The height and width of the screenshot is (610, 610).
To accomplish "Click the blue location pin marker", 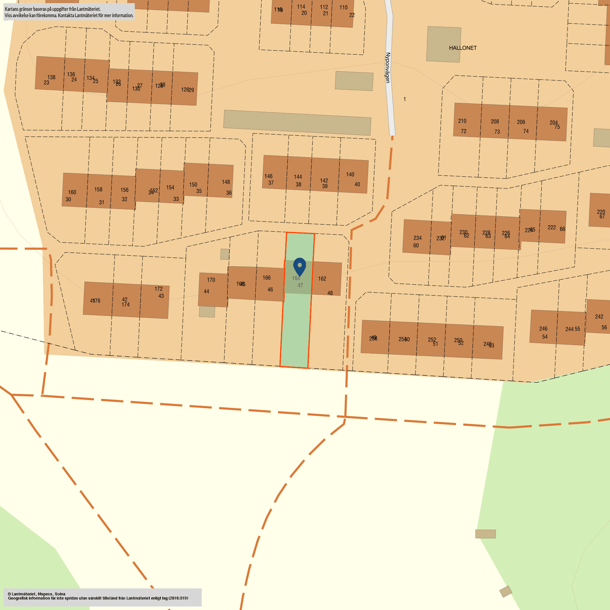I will tap(299, 266).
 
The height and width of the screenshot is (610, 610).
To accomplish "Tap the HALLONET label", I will tap(462, 48).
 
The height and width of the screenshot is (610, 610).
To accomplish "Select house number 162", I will tap(322, 279).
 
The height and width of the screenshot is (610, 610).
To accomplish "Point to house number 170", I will tap(211, 280).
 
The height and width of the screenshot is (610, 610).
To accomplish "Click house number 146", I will tap(268, 176).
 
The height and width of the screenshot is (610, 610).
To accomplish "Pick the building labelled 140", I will tap(350, 174).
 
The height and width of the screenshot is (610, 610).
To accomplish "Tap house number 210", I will tap(462, 121).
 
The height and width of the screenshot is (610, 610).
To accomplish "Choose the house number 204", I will tap(553, 123).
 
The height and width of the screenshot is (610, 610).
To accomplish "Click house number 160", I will tap(72, 192).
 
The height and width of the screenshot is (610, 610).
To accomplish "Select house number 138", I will tap(51, 77).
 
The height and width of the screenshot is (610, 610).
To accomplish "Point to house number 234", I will tap(417, 238).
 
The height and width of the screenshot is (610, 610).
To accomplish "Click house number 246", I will tap(543, 329).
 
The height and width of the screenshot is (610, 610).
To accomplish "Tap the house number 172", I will tap(159, 289).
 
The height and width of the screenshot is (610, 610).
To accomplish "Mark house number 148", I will tap(226, 182).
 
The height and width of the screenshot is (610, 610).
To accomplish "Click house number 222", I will tap(552, 227).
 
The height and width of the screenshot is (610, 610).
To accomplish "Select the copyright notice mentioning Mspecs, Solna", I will tap(36, 594).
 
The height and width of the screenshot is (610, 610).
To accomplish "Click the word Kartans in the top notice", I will tap(12, 9).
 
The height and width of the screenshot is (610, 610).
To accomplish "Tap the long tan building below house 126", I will tap(297, 122).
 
